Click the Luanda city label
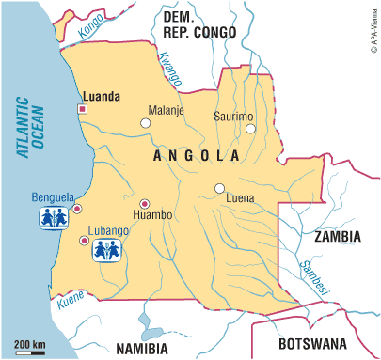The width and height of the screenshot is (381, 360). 102,96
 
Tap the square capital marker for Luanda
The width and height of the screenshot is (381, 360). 82,109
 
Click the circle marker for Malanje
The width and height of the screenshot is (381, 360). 145,123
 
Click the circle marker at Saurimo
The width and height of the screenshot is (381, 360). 250,129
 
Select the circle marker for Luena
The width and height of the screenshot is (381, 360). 219,187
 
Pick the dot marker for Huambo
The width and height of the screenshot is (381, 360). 144,204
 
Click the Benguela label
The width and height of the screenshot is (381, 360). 53,197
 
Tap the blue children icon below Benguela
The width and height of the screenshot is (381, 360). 53,218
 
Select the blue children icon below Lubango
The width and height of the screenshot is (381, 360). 104,249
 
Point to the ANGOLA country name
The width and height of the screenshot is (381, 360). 193,155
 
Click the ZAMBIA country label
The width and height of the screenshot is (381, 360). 337,238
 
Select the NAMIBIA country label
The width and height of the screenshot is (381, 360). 148,349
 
